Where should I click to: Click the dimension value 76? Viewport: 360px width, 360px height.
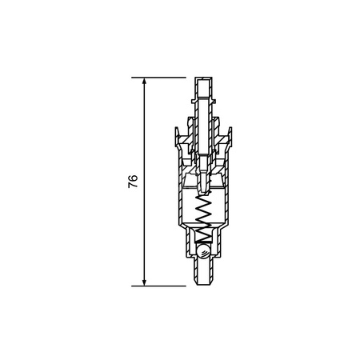click(133, 182)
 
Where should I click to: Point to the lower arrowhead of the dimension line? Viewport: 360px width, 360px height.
click(144, 283)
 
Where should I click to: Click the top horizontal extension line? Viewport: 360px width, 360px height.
click(158, 78)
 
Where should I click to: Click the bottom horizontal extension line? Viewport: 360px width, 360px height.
click(158, 286)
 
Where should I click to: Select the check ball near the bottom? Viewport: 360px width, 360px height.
click(203, 251)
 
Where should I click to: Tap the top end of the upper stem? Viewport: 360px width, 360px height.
click(203, 78)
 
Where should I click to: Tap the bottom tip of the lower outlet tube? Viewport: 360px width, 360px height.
click(204, 284)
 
